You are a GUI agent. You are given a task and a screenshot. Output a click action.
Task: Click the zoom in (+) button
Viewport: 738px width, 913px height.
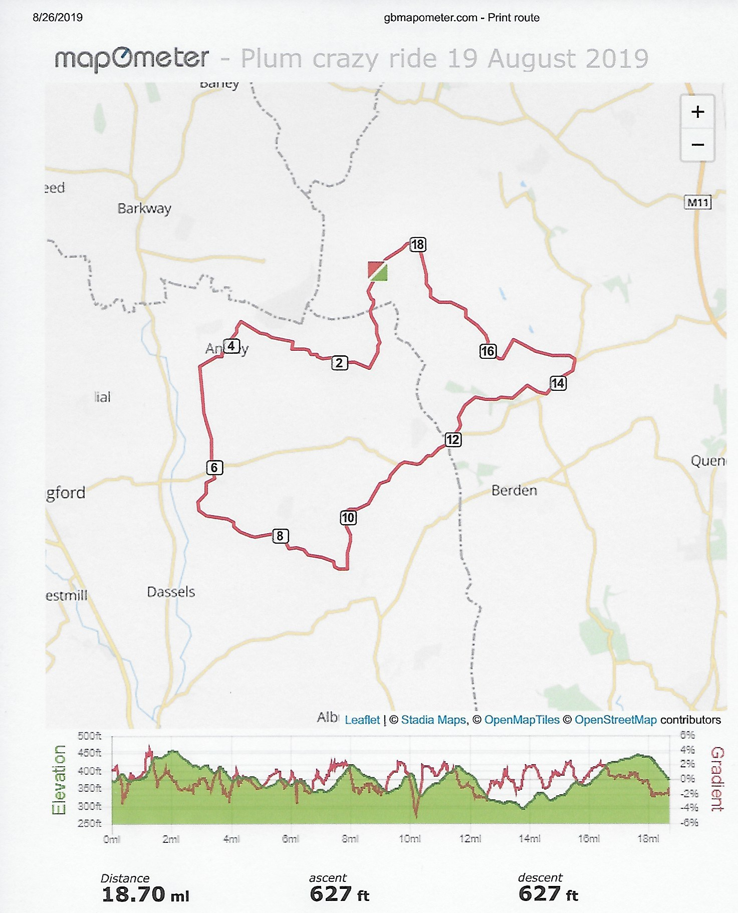[x=697, y=112]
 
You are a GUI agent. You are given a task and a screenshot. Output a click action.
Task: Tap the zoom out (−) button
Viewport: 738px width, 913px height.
[x=697, y=145]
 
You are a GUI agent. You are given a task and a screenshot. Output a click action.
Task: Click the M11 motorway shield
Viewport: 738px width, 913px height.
[x=698, y=203]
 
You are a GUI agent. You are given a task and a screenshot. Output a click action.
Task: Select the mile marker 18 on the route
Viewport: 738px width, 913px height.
[x=417, y=245]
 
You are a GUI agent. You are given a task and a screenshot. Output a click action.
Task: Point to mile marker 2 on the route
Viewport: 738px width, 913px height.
[x=339, y=363]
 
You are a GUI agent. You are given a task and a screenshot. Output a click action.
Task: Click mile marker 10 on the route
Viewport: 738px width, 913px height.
[x=348, y=518]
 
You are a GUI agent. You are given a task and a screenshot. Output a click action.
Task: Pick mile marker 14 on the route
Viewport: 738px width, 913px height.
[x=558, y=383]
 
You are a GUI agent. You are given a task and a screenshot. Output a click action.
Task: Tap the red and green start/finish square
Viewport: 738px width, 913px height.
[x=377, y=271]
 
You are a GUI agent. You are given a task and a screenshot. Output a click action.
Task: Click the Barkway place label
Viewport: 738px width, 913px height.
[x=144, y=208]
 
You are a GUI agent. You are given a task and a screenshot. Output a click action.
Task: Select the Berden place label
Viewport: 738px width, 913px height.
[x=514, y=490]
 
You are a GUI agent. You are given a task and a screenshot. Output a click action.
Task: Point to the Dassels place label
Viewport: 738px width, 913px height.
[x=171, y=592]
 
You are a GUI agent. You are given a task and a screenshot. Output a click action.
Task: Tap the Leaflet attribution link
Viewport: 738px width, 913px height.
[x=362, y=720]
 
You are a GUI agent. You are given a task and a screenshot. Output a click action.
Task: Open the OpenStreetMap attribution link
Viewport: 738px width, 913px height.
[x=615, y=720]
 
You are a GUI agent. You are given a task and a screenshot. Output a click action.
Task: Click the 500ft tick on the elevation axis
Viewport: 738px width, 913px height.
[x=90, y=736]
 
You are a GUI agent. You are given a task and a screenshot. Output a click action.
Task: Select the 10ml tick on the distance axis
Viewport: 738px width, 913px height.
[x=409, y=839]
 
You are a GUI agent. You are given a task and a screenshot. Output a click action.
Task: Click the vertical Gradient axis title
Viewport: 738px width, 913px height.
[x=717, y=779]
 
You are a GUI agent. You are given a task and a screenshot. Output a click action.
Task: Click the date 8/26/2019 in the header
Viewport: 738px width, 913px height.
[x=58, y=18]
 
